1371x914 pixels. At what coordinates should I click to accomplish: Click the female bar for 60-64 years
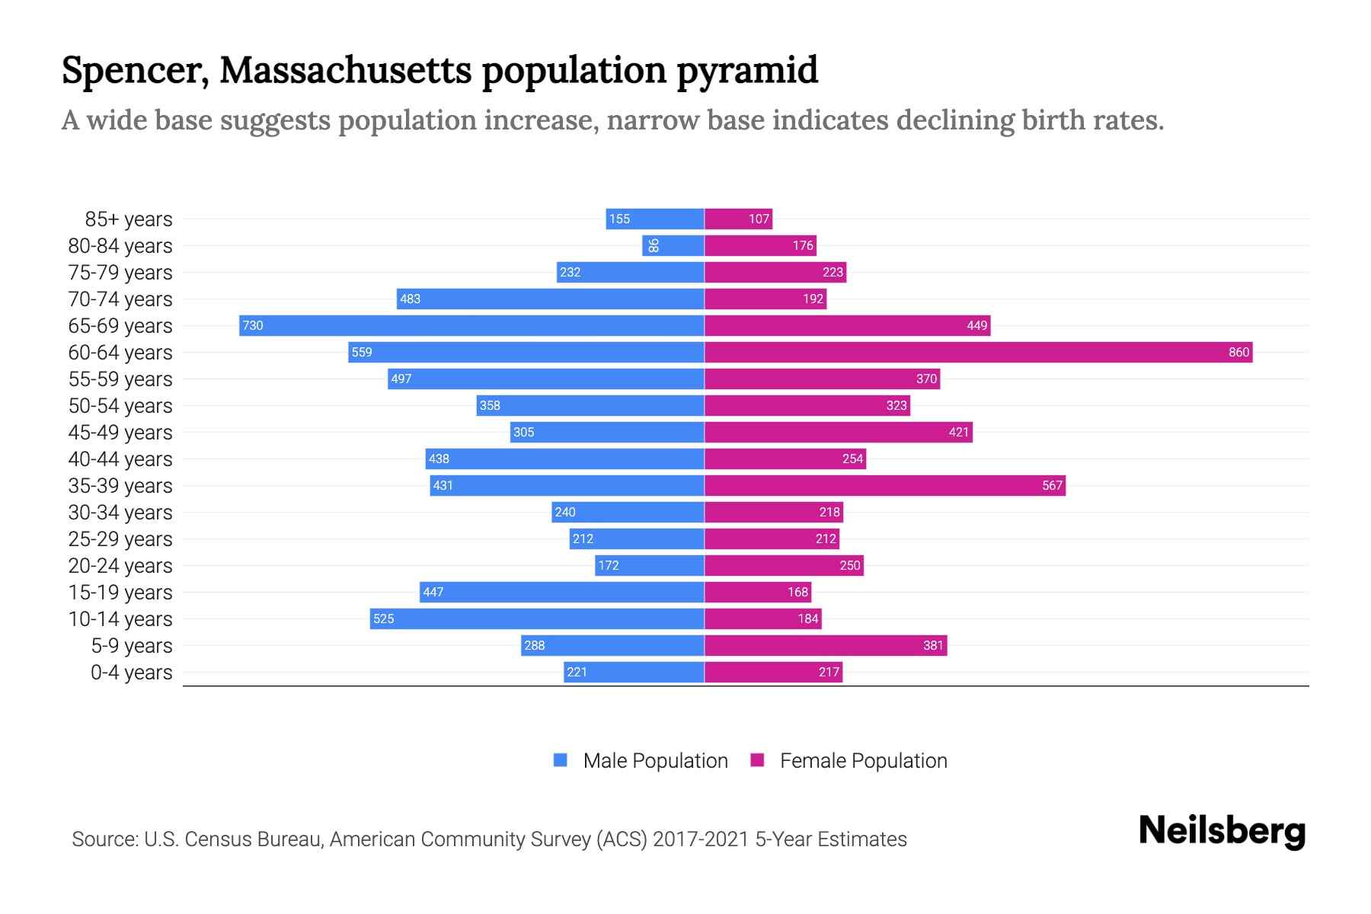(978, 352)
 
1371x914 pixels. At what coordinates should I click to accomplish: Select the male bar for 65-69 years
(471, 325)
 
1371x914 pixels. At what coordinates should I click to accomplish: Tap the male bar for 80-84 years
(673, 245)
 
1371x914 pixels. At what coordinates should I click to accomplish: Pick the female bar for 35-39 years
(885, 485)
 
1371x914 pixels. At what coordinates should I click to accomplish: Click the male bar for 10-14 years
(537, 618)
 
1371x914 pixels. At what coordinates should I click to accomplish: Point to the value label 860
(1238, 352)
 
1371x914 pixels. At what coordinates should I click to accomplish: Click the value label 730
(253, 325)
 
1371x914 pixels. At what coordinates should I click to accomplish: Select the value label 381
(933, 645)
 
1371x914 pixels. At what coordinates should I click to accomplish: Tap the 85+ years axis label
(129, 219)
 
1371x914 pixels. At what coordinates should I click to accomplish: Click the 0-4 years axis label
(131, 673)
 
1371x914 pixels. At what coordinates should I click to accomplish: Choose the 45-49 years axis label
(120, 433)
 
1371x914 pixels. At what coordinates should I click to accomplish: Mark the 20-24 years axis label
(120, 566)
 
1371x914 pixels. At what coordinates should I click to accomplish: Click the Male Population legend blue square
(561, 760)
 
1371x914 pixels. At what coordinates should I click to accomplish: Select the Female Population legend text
(863, 761)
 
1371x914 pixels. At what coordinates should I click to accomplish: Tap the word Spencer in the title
(134, 70)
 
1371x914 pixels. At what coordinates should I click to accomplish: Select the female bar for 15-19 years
(758, 592)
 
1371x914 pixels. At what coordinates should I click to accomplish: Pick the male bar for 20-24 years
(649, 565)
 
